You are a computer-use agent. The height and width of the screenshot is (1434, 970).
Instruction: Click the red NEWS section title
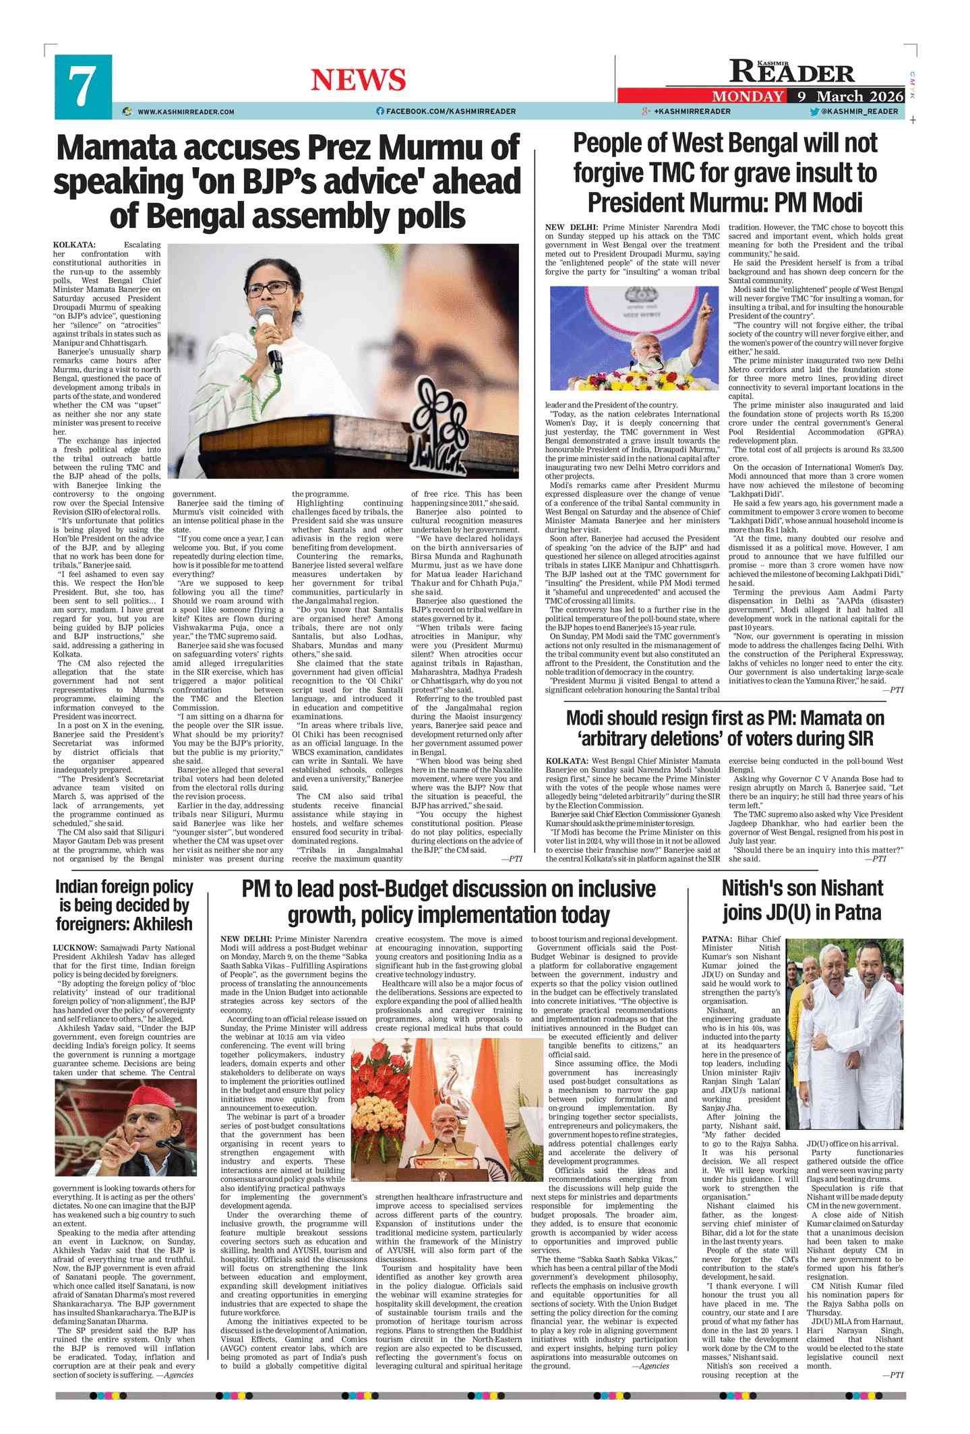(358, 80)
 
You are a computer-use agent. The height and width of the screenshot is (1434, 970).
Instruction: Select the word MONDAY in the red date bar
(748, 96)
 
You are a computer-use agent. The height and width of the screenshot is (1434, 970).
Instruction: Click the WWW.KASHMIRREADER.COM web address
(186, 112)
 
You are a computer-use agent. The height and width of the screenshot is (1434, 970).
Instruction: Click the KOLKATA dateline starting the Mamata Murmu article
(74, 245)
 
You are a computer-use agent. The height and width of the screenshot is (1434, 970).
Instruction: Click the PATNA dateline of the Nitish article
(717, 938)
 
